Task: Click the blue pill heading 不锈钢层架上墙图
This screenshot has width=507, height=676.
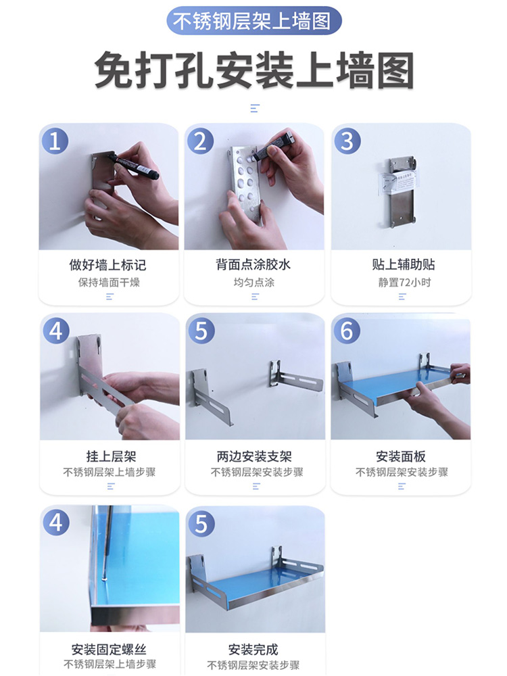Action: click(x=254, y=21)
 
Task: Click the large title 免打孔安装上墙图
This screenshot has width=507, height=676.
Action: click(x=254, y=70)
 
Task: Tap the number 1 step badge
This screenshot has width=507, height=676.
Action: click(x=55, y=141)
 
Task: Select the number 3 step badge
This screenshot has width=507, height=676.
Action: click(x=347, y=141)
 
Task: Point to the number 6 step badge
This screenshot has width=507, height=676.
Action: click(x=347, y=331)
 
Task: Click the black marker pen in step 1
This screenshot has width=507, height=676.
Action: click(x=134, y=166)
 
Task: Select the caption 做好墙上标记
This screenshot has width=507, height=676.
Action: click(x=107, y=265)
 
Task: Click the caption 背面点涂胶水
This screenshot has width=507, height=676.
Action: click(x=254, y=265)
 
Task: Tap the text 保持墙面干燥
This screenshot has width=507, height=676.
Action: click(x=109, y=283)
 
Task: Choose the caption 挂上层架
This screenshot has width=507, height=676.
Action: click(x=112, y=456)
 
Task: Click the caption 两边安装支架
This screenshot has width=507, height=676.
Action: click(x=254, y=456)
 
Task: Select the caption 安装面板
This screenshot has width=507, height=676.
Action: click(x=401, y=456)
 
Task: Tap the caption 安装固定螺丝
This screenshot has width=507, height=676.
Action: click(x=109, y=649)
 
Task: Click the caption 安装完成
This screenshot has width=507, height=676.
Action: click(x=253, y=649)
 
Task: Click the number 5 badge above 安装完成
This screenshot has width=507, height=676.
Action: click(x=201, y=523)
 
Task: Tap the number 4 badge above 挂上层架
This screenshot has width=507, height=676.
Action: click(x=56, y=331)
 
